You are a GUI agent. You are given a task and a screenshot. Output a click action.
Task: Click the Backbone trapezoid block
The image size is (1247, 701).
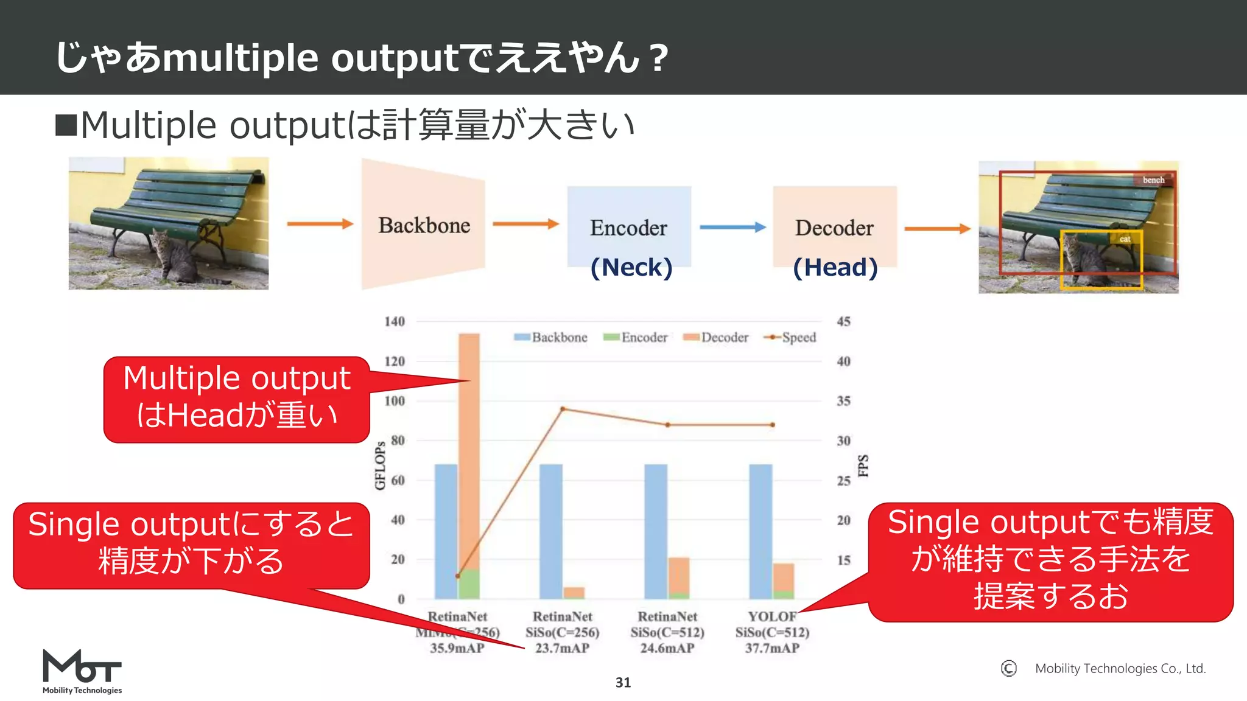pyautogui.click(x=424, y=225)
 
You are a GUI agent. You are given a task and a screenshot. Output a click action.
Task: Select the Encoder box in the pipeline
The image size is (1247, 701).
pyautogui.click(x=629, y=226)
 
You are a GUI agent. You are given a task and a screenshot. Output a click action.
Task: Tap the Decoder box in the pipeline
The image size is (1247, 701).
pyautogui.click(x=834, y=226)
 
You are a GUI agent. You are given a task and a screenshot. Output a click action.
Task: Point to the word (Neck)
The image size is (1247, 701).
pyautogui.click(x=631, y=267)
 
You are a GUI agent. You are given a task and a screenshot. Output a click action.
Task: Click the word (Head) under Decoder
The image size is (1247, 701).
pyautogui.click(x=835, y=267)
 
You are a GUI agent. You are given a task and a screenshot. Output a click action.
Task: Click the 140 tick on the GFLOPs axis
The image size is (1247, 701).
pyautogui.click(x=395, y=321)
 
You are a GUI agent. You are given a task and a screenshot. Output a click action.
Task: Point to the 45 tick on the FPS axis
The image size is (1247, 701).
pyautogui.click(x=843, y=321)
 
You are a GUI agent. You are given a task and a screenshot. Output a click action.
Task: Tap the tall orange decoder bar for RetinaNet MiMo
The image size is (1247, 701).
pyautogui.click(x=469, y=450)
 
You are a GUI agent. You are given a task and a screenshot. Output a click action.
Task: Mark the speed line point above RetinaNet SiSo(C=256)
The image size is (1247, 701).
pyautogui.click(x=563, y=409)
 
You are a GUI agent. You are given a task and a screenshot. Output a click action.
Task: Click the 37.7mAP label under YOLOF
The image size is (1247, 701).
pyautogui.click(x=772, y=648)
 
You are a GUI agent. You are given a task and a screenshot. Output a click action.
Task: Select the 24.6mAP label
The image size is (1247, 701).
pyautogui.click(x=667, y=648)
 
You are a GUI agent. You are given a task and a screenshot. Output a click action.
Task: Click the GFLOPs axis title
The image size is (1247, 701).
pyautogui.click(x=380, y=466)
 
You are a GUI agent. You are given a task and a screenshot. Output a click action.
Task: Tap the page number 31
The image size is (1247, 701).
pyautogui.click(x=623, y=682)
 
